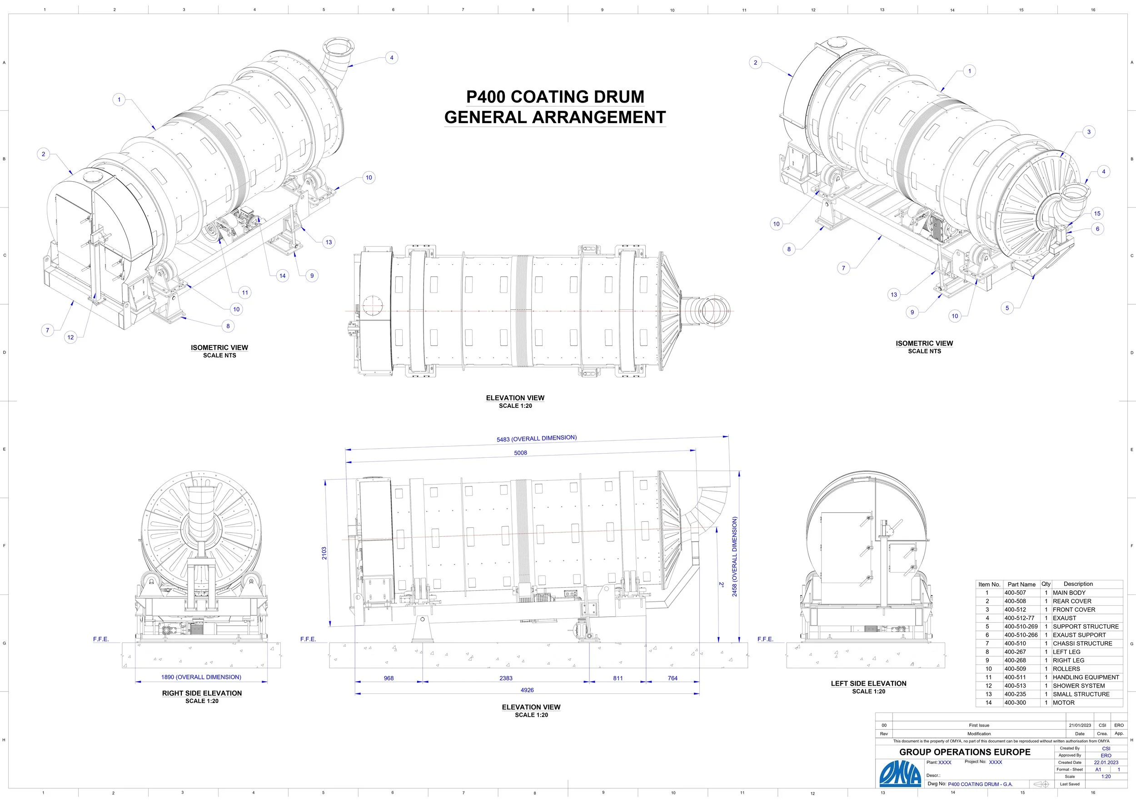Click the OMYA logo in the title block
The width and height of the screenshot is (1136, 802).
tap(900, 773)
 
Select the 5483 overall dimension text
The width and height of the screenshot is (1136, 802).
tap(536, 438)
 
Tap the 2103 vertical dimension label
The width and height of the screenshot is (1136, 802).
tap(324, 553)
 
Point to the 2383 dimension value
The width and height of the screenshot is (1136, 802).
tap(506, 678)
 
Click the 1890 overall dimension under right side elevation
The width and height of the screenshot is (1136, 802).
tap(201, 677)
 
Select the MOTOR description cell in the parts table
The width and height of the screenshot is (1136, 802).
tap(1063, 702)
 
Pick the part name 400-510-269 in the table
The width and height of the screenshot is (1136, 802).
tap(1021, 626)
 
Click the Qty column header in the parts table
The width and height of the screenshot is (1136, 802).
tap(1046, 584)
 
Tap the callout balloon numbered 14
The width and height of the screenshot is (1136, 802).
tap(283, 276)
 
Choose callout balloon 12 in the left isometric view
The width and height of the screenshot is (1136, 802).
tap(71, 337)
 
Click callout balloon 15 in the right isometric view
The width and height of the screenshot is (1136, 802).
tap(1097, 213)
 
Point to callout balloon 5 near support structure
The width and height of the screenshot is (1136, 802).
tap(1007, 308)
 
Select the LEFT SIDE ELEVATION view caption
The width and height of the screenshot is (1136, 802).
tap(868, 683)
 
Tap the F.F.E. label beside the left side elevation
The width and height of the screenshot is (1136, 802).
tap(765, 639)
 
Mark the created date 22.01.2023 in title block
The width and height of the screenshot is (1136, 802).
tap(1106, 762)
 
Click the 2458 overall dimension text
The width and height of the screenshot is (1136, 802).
tap(735, 556)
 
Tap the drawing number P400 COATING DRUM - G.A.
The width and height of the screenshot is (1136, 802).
tap(980, 784)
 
